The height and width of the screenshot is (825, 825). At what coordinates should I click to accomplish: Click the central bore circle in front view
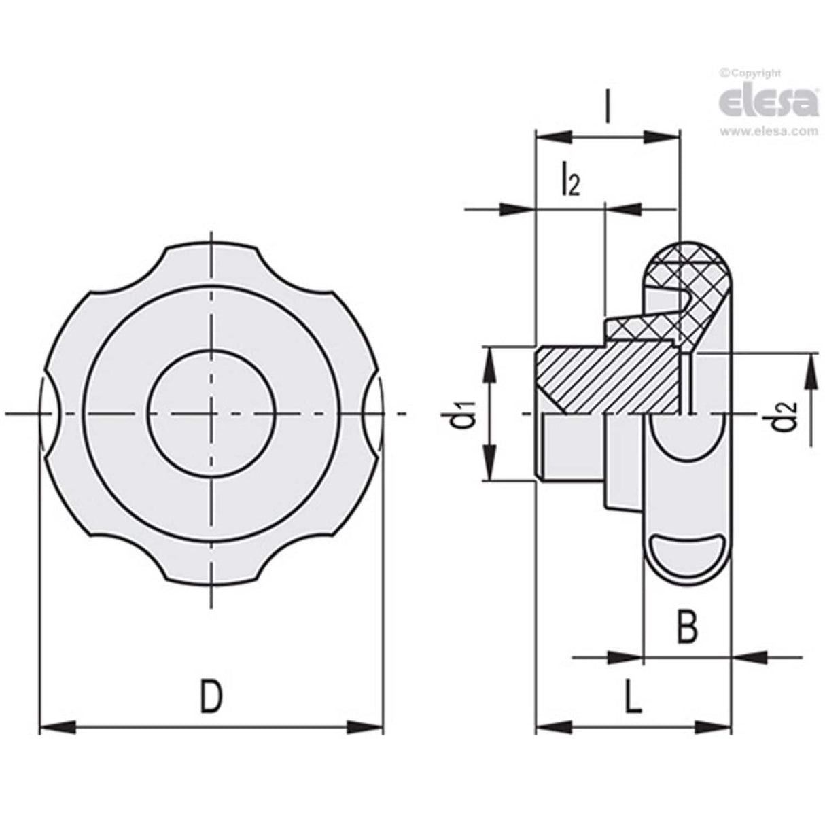tap(211, 413)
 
